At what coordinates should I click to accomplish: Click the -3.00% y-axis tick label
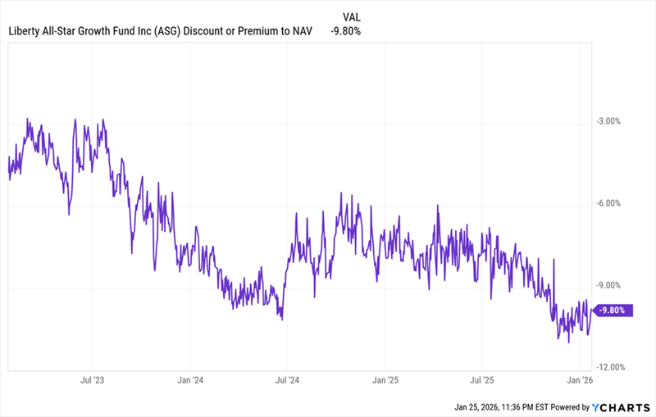(611, 121)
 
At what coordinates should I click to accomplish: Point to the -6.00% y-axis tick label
(611, 203)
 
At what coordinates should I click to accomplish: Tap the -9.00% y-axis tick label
(611, 286)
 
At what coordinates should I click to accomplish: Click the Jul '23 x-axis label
(92, 381)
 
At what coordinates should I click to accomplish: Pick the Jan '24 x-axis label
(190, 381)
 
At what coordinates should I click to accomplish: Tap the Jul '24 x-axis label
(287, 381)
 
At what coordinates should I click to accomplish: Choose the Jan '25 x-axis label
(385, 381)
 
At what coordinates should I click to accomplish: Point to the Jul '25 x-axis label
(481, 381)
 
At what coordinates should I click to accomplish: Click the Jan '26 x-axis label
(580, 381)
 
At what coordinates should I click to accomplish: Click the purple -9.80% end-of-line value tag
(613, 310)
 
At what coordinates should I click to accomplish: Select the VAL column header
(351, 16)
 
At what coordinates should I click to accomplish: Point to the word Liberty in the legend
(25, 31)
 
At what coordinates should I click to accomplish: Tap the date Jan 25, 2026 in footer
(481, 407)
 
